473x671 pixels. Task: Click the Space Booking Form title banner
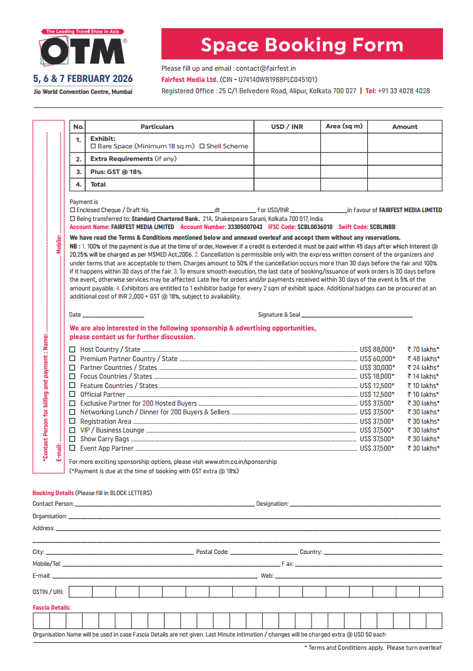(x=302, y=44)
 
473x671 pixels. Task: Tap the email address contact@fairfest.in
(x=266, y=68)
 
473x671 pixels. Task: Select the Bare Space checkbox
(x=93, y=146)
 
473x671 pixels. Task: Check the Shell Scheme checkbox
(x=202, y=146)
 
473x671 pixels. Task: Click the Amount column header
(x=404, y=126)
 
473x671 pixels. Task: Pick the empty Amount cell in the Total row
(x=404, y=185)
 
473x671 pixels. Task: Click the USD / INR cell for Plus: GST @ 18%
(x=287, y=172)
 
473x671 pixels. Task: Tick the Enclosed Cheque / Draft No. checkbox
(x=73, y=210)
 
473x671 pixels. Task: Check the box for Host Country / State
(x=73, y=349)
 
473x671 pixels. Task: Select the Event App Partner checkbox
(x=73, y=448)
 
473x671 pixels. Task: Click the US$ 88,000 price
(x=377, y=349)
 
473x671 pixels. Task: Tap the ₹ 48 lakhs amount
(x=423, y=359)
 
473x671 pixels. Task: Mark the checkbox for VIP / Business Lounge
(x=73, y=430)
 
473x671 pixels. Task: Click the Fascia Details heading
(x=51, y=607)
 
